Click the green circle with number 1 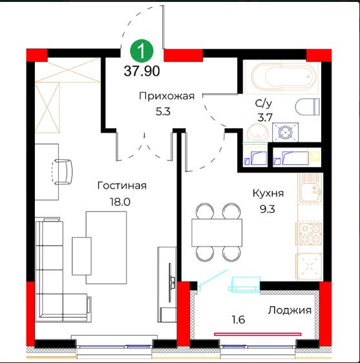click(142, 50)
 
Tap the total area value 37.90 click(142, 71)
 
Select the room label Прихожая click(167, 96)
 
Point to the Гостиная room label click(122, 186)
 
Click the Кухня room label click(268, 193)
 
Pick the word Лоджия click(290, 311)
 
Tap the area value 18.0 click(120, 202)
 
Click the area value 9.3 click(268, 209)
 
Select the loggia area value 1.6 click(238, 320)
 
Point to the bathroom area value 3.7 click(265, 118)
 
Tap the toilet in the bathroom click(308, 107)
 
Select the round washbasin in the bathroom click(258, 133)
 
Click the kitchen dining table click(217, 232)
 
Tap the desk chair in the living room click(62, 171)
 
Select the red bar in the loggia click(258, 334)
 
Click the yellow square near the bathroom click(315, 156)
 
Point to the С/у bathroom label click(264, 104)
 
